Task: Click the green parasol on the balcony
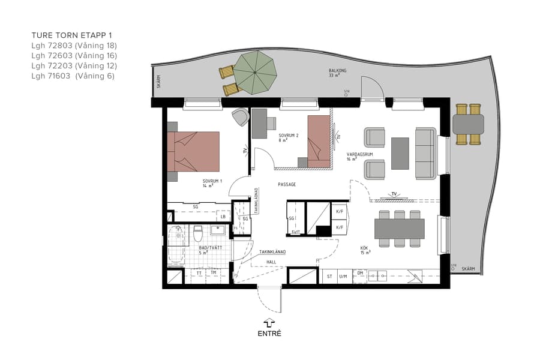pyautogui.click(x=255, y=71)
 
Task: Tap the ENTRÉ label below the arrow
pyautogui.click(x=269, y=334)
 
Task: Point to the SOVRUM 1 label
pyautogui.click(x=212, y=181)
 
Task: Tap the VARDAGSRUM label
pyautogui.click(x=360, y=154)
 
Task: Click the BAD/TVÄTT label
pyautogui.click(x=208, y=247)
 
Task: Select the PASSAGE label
pyautogui.click(x=286, y=184)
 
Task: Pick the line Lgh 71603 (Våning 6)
pyautogui.click(x=73, y=76)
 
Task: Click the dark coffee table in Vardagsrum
pyautogui.click(x=400, y=154)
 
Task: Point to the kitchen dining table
pyautogui.click(x=399, y=229)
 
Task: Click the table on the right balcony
pyautogui.click(x=468, y=124)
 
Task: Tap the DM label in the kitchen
pyautogui.click(x=361, y=273)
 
